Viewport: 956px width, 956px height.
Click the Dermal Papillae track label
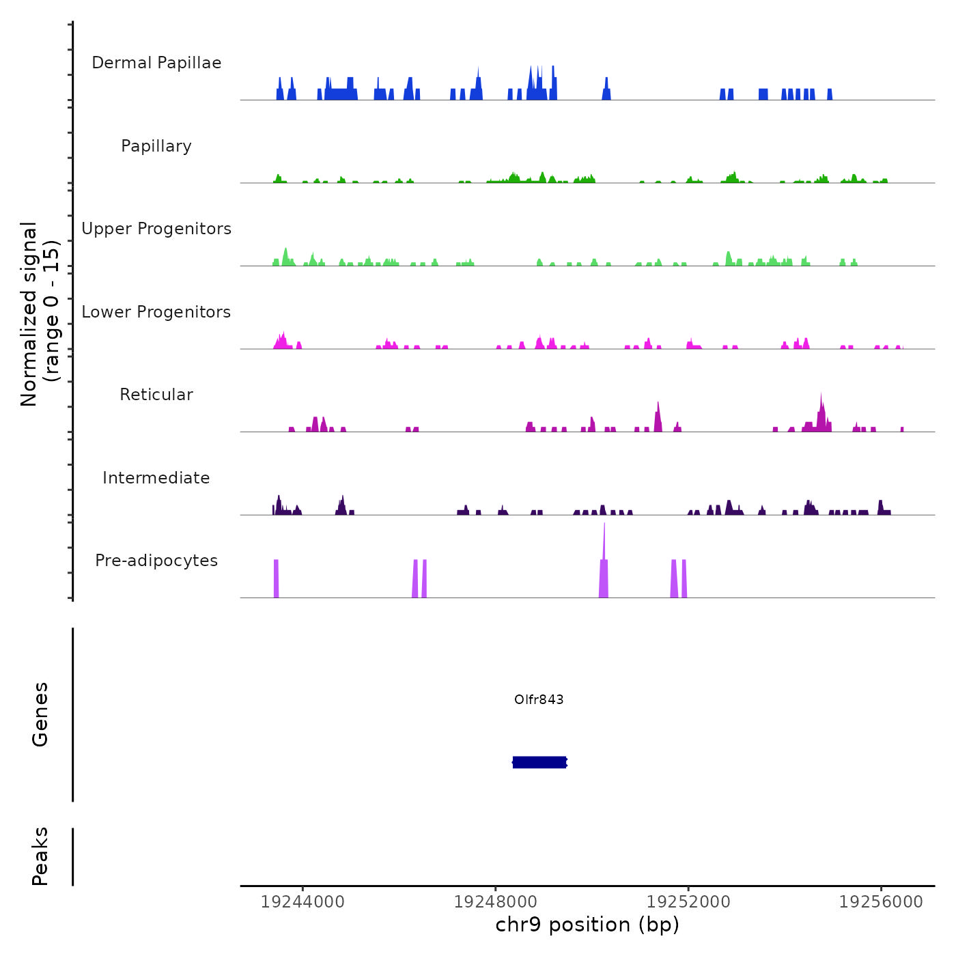tap(156, 63)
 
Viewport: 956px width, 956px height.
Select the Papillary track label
tap(156, 146)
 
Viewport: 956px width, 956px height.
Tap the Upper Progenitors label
tap(156, 229)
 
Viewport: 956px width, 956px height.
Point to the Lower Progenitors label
tap(156, 312)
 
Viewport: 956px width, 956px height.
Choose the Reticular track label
tap(156, 395)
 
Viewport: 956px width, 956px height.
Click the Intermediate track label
tap(156, 478)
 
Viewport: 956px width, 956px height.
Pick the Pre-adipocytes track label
tap(156, 561)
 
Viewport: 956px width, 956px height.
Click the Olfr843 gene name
tap(539, 699)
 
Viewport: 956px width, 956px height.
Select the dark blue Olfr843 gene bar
tap(539, 762)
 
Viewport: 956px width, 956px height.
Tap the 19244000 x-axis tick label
tap(303, 902)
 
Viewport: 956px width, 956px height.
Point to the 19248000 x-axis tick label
tap(496, 902)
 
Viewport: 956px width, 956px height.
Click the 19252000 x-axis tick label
tap(688, 902)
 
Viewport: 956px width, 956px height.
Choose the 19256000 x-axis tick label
tap(881, 902)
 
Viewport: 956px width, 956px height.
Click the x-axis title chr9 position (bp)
tap(587, 925)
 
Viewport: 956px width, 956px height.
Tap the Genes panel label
tap(40, 714)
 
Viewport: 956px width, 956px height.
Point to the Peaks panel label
tap(40, 856)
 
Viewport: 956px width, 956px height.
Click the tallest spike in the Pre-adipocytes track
tap(604, 546)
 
